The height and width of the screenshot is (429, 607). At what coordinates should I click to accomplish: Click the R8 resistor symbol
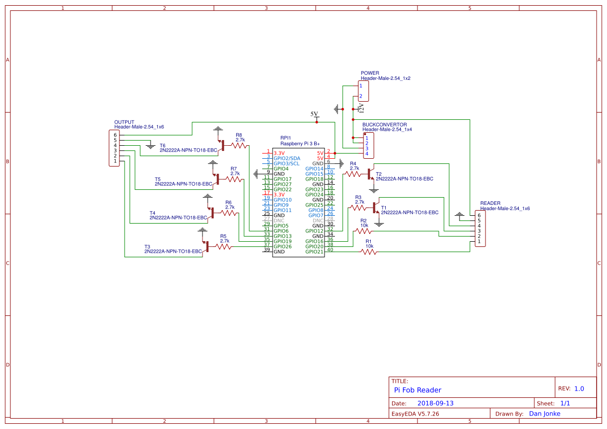pyautogui.click(x=239, y=146)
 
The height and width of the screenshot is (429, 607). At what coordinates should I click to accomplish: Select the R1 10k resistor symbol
pyautogui.click(x=369, y=252)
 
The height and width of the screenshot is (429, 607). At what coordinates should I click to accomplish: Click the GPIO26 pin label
pyautogui.click(x=282, y=246)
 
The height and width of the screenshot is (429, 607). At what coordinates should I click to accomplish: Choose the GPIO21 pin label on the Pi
pyautogui.click(x=314, y=252)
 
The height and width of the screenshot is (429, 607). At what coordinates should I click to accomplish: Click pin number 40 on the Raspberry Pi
pyautogui.click(x=330, y=250)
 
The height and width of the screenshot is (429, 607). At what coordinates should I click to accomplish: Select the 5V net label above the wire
pyautogui.click(x=314, y=114)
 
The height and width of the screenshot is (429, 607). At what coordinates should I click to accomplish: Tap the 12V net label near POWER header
pyautogui.click(x=361, y=108)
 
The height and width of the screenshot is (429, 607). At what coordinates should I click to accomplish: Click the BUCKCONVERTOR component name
pyautogui.click(x=384, y=125)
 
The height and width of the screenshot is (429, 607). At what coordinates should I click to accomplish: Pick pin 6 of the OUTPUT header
pyautogui.click(x=115, y=135)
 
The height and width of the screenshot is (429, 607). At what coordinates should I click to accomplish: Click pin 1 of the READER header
pyautogui.click(x=479, y=241)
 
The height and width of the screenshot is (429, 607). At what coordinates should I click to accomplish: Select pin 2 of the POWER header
pyautogui.click(x=360, y=96)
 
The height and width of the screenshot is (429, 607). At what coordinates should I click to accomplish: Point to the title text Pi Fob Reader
pyautogui.click(x=417, y=390)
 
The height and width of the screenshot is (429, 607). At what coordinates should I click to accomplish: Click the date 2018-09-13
pyautogui.click(x=435, y=403)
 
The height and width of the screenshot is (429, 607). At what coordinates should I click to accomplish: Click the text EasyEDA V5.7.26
pyautogui.click(x=415, y=413)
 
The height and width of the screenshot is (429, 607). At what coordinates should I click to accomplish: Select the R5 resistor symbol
pyautogui.click(x=224, y=247)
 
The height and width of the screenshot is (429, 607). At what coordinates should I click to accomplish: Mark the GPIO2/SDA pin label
pyautogui.click(x=287, y=158)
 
